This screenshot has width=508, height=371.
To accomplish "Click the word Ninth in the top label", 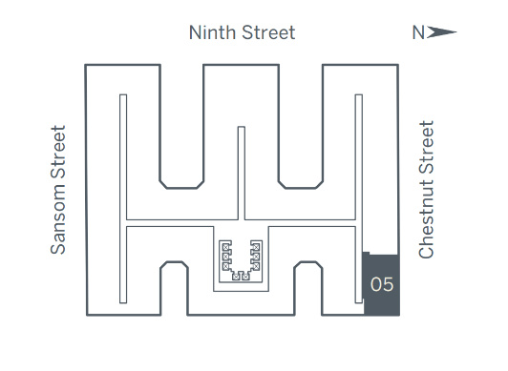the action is [212, 32].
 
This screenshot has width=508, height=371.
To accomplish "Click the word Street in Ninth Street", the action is [268, 32].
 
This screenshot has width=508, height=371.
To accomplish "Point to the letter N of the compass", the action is [418, 32].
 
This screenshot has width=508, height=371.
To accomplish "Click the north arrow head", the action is [442, 32].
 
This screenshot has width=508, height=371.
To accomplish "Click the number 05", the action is [382, 284].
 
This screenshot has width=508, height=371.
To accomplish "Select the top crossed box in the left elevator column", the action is [225, 247].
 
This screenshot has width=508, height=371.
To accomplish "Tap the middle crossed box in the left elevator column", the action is [225, 257].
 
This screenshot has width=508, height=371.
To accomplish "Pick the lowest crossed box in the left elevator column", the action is [225, 266].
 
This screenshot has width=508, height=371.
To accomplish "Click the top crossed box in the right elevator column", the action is [256, 247].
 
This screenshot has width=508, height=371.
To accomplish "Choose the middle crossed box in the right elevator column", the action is [256, 257].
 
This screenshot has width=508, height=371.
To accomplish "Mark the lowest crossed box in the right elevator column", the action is [256, 266].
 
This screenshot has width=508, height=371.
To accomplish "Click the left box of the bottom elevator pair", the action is [236, 277].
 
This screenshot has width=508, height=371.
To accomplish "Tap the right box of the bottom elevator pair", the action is [246, 277].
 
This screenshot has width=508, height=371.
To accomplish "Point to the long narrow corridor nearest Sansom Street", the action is [123, 198].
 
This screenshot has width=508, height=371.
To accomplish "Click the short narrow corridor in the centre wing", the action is [242, 173].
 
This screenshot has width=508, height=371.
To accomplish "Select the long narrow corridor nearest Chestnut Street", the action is [359, 198].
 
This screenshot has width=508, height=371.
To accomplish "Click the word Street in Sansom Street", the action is [58, 152].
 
